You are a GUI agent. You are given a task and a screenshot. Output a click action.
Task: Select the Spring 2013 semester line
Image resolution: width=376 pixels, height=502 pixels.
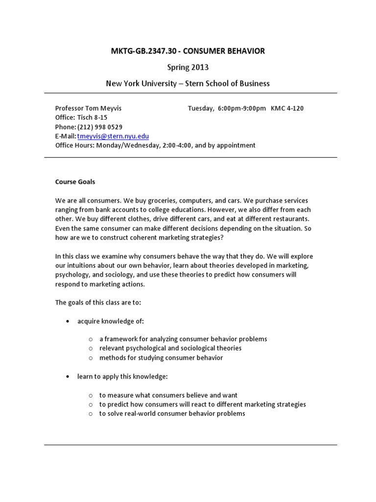[x=188, y=68]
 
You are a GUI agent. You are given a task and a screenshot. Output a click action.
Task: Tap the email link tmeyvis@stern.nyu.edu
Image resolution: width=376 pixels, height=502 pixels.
[x=113, y=136]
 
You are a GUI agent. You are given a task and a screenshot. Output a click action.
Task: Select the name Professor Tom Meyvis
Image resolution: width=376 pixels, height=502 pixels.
[x=88, y=108]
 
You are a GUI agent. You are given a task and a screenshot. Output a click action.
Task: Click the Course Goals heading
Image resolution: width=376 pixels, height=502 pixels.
[x=75, y=182]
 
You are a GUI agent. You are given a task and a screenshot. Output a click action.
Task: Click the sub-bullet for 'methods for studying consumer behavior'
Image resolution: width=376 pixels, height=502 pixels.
[x=91, y=358]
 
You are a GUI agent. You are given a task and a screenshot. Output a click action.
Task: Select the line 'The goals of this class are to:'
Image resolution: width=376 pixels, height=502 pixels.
[x=98, y=302]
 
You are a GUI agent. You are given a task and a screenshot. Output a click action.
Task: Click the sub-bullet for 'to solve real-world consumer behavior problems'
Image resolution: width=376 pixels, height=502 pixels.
[x=91, y=414]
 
